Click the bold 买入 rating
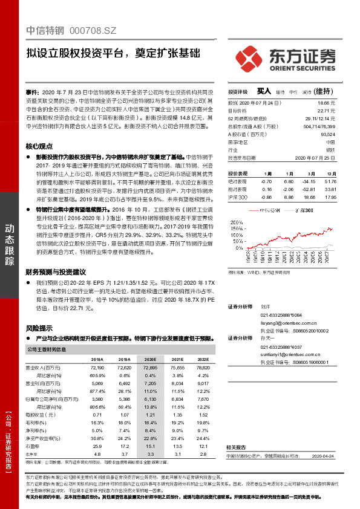(x=263, y=91)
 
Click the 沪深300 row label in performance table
(x=238, y=197)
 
